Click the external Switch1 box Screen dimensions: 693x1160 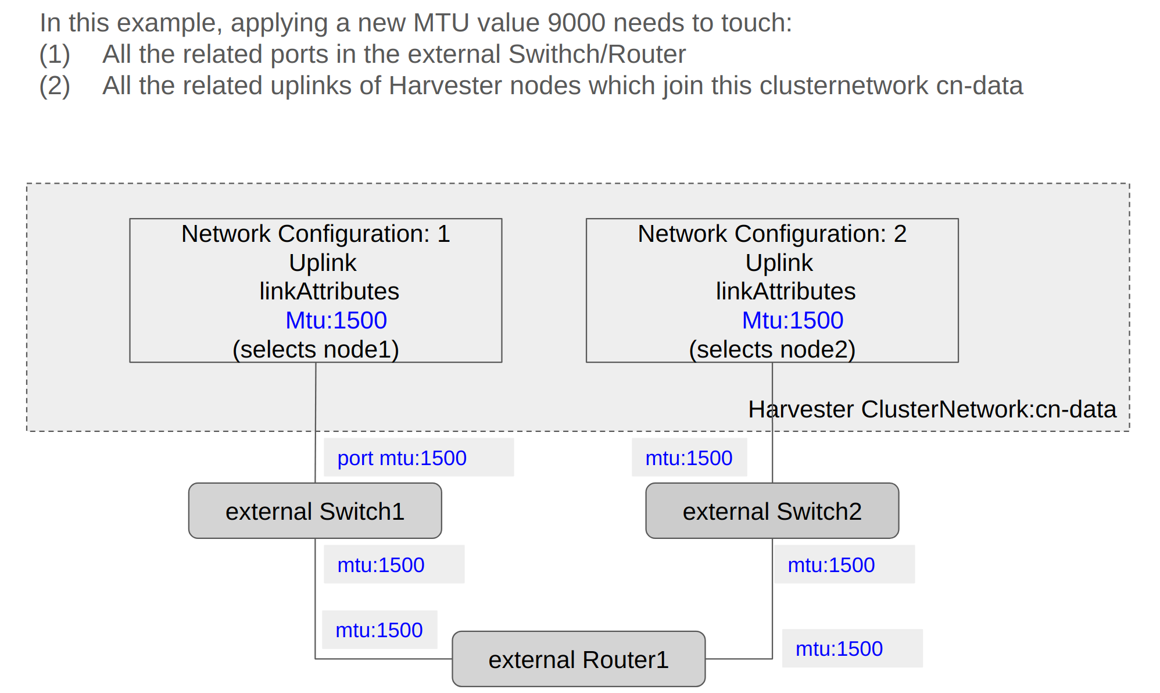[314, 511]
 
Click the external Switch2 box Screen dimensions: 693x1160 [772, 511]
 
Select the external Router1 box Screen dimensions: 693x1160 [578, 659]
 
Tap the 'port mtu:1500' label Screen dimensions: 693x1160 [402, 458]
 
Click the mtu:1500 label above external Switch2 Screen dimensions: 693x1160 [689, 458]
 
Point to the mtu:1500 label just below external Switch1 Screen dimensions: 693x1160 [381, 565]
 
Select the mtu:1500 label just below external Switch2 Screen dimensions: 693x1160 [831, 565]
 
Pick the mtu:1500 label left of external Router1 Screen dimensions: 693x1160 [379, 630]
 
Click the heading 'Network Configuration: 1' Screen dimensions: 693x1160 [316, 234]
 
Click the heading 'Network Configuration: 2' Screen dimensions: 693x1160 [772, 234]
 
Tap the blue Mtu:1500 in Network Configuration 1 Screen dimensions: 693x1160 [336, 320]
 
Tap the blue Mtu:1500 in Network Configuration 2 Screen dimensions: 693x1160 [792, 320]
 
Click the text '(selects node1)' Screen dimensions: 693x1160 [316, 349]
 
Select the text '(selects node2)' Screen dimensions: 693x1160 [772, 349]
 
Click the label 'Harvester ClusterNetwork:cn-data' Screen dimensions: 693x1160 [932, 409]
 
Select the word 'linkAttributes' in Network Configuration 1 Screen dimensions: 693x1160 [329, 291]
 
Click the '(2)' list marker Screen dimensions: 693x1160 [55, 85]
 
